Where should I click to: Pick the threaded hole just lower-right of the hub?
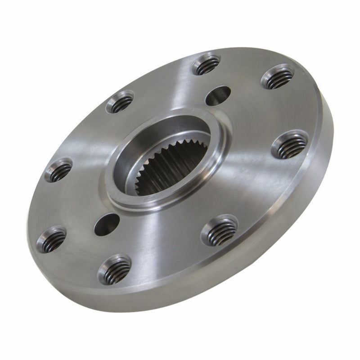coord(219,230)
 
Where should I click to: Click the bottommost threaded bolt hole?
coord(115,269)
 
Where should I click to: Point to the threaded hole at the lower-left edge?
coord(51,238)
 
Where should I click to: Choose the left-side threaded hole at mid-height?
coord(58,170)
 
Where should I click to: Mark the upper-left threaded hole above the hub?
coord(120,102)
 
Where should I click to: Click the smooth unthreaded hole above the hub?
coord(218,95)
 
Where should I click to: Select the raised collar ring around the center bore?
coord(130,198)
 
